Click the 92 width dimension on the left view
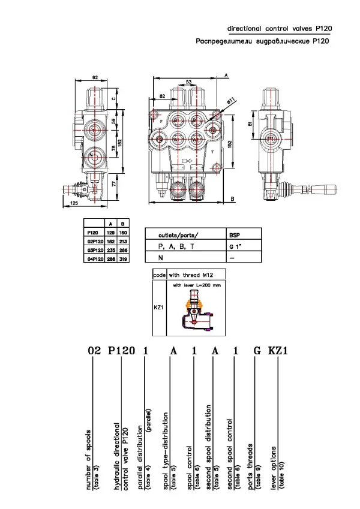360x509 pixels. point(95,77)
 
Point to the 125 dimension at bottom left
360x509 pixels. point(74,204)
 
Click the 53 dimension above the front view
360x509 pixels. point(188,82)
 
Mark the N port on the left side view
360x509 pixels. point(91,155)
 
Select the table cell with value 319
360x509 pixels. point(123,259)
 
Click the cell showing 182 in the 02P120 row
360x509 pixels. point(111,242)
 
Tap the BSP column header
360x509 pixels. point(238,234)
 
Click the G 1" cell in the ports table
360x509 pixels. point(238,246)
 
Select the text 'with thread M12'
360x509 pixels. point(191,274)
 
